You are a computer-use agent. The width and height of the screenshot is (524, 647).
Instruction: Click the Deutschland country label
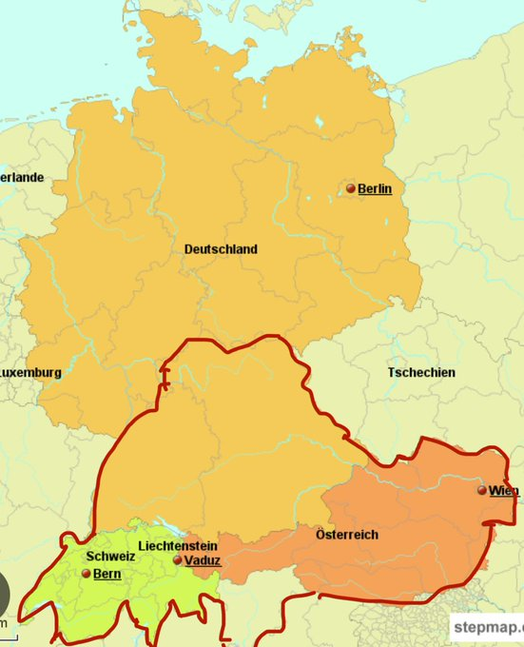[x=221, y=249]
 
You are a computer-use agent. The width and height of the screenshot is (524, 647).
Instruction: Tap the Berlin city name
[x=375, y=189]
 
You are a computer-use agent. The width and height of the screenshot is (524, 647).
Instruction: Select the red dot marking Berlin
[x=351, y=189]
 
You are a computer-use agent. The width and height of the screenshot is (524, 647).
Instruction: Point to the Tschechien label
[x=421, y=372]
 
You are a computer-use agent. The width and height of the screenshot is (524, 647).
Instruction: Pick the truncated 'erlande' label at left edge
[x=22, y=178]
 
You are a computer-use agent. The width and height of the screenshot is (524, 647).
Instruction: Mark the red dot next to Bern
[x=87, y=575]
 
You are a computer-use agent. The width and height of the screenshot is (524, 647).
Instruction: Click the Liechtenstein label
[x=178, y=546]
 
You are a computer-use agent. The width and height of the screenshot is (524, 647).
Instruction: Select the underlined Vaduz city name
[x=203, y=561]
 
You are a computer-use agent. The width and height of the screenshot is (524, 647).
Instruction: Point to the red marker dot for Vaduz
[x=178, y=560]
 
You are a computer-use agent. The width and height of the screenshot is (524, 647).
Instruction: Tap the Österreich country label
[x=347, y=535]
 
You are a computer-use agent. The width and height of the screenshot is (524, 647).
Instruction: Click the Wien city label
[x=504, y=491]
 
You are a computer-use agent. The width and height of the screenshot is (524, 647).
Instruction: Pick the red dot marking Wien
[x=482, y=491]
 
